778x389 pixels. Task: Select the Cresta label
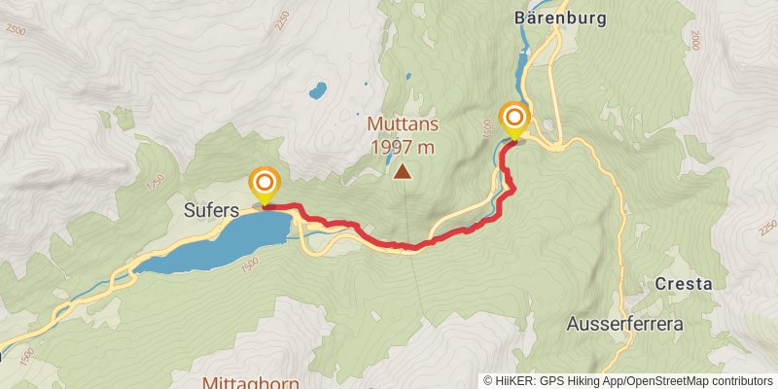685,284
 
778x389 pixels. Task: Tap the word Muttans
403,124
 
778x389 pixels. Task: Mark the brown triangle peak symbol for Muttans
402,173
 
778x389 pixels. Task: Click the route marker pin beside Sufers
264,184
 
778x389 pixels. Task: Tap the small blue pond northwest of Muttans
317,91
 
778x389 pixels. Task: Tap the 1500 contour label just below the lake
250,265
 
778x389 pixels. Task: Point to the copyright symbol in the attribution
488,380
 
